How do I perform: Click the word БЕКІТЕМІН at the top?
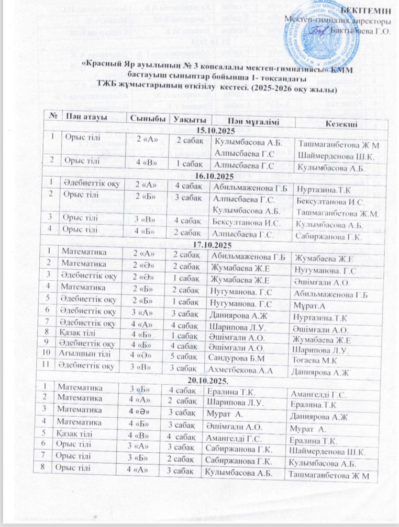[368, 12]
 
